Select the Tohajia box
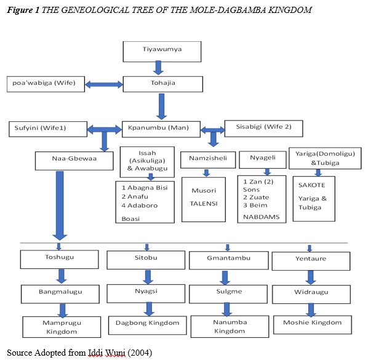162,84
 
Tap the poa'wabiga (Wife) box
46,83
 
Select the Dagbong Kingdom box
147,323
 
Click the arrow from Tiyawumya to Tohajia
162,68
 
